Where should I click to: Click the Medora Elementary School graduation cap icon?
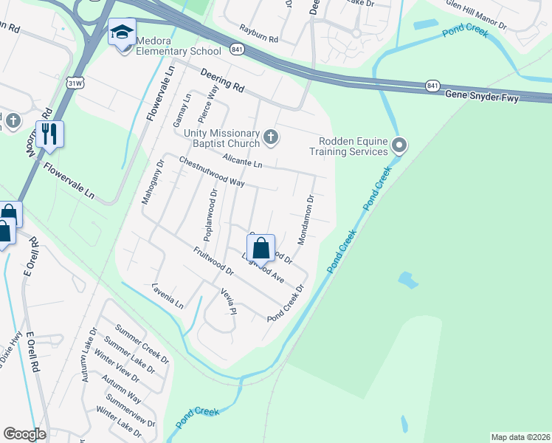click(x=122, y=32)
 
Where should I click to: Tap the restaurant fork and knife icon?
click(x=49, y=134)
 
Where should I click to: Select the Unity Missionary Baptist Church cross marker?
click(x=272, y=137)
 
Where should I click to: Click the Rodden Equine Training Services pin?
click(x=399, y=145)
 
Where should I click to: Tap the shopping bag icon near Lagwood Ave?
click(x=261, y=248)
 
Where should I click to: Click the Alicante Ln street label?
click(x=242, y=162)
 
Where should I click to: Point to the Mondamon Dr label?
click(x=306, y=220)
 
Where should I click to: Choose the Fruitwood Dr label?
click(x=213, y=261)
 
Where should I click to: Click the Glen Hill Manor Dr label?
click(x=477, y=14)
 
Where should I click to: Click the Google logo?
click(x=24, y=434)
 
